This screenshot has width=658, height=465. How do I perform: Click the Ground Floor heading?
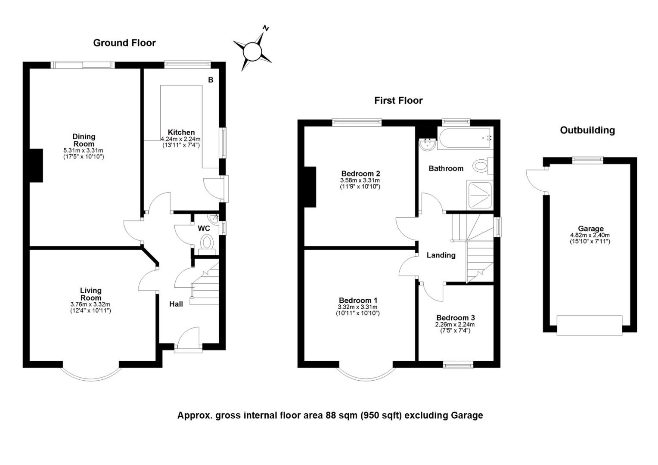124,43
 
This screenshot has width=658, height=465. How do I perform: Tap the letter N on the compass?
266,28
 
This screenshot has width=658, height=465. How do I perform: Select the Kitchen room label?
181,132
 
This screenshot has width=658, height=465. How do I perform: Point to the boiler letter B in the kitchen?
211,80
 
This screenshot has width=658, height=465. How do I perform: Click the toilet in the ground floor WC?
207,245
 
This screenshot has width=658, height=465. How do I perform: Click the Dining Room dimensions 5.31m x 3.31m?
84,150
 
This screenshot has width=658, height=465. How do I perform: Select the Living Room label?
91,294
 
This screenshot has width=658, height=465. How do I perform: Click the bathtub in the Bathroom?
465,138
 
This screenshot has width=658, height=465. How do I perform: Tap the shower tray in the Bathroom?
479,195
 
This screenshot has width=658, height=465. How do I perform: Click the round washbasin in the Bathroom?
428,145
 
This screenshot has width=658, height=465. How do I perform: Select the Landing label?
441,255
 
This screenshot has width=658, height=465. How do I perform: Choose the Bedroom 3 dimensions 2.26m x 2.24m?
455,325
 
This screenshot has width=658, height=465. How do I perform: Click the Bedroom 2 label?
361,174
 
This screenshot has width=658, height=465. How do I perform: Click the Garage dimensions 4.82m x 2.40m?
590,235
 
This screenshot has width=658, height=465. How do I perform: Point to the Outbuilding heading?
587,130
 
